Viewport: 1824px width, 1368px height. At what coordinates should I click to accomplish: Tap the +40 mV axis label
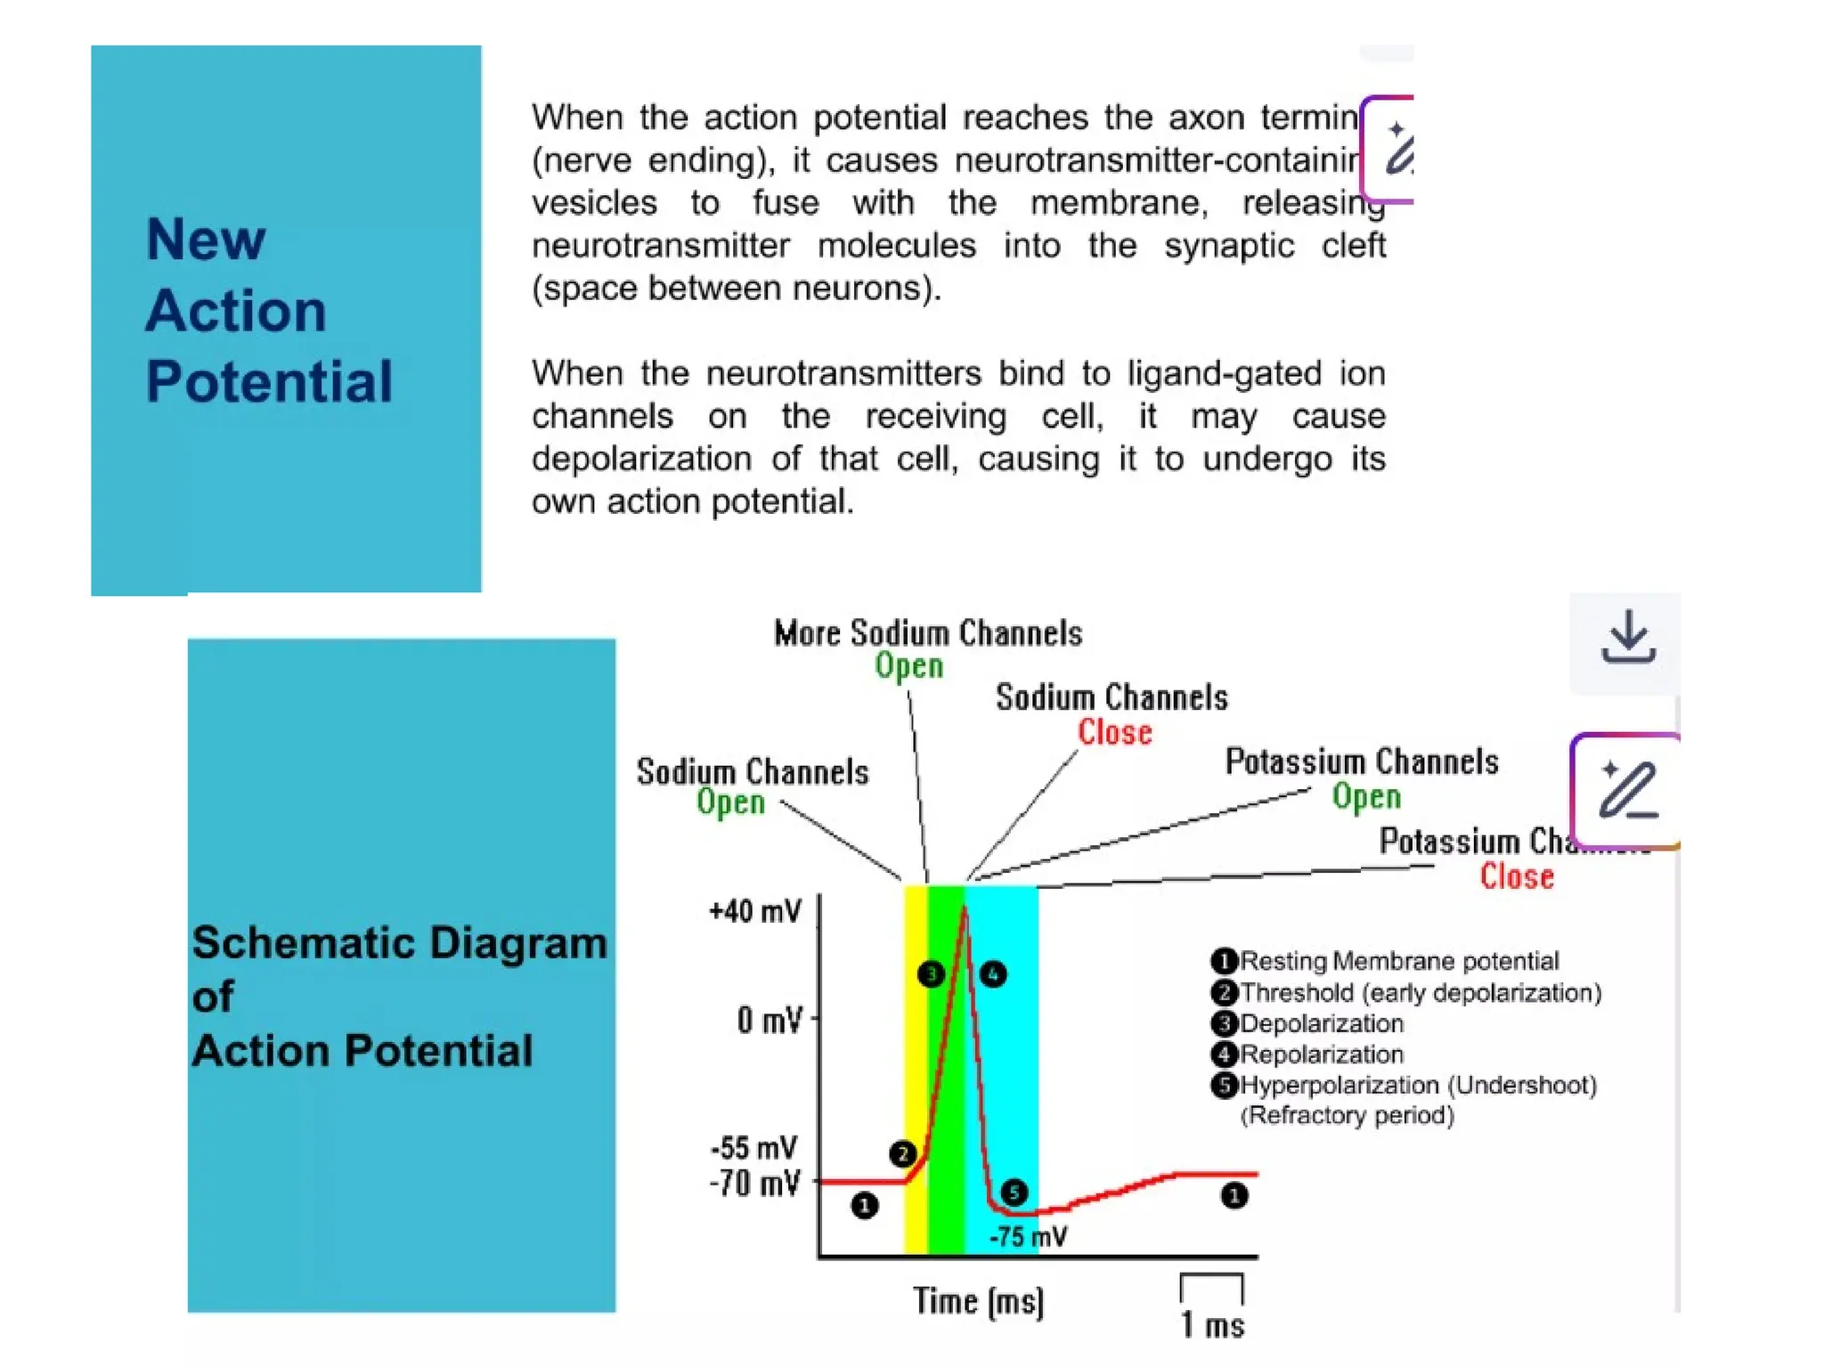point(754,911)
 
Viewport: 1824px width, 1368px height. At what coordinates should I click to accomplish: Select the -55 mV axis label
point(753,1148)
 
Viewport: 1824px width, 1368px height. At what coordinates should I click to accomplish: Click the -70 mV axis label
point(754,1185)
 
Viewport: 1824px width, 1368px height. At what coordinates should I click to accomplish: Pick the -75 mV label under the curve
point(1028,1237)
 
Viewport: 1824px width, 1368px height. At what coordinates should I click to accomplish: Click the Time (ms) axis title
point(978,1302)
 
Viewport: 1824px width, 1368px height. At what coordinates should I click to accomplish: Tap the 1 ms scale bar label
point(1212,1325)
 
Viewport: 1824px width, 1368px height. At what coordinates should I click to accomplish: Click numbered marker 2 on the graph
point(903,1154)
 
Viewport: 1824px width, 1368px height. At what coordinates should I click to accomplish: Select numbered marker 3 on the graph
point(931,974)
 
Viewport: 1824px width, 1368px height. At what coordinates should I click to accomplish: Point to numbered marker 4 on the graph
point(993,974)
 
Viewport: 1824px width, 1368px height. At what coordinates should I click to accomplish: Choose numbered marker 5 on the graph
point(1014,1193)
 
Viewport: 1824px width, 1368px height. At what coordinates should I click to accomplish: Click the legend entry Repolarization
point(1322,1054)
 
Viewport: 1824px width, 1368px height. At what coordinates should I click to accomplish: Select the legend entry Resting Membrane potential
point(1398,961)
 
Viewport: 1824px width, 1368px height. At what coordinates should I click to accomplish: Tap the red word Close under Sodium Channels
point(1115,732)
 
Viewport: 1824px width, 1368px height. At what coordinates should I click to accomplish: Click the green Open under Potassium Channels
point(1366,796)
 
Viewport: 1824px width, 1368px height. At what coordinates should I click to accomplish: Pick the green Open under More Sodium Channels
point(908,666)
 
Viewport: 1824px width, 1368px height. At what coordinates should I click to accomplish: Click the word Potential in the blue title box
point(269,382)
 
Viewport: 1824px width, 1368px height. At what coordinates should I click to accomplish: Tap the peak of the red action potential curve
point(965,908)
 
